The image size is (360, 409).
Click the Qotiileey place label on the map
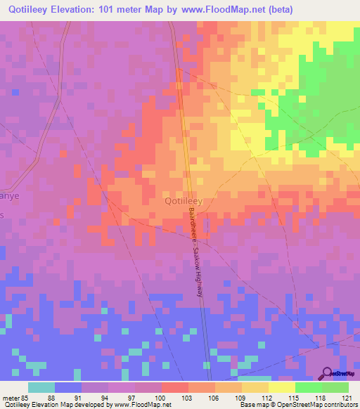(184, 200)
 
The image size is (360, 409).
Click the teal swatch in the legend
(41, 387)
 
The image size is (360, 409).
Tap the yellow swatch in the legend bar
(281, 387)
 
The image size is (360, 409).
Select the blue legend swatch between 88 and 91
(68, 387)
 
